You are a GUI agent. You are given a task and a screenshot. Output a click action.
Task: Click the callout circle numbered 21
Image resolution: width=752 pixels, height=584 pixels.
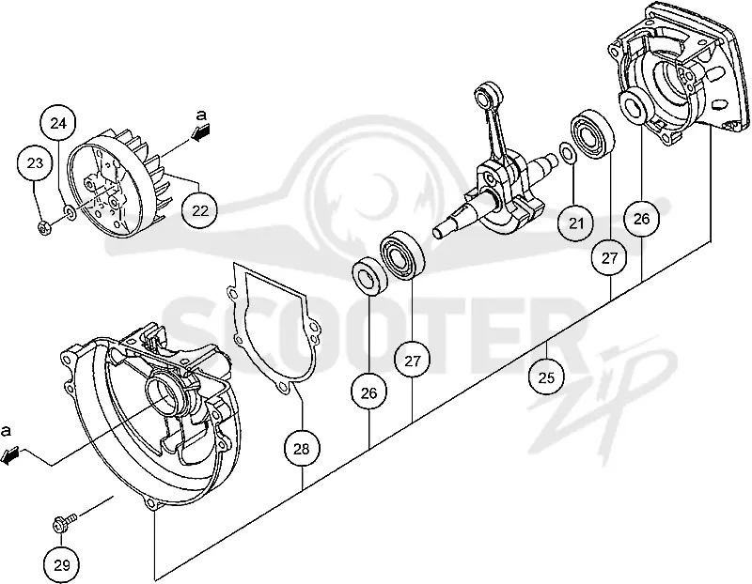point(576,223)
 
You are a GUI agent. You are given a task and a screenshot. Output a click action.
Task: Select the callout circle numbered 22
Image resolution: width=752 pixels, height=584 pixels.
point(200,210)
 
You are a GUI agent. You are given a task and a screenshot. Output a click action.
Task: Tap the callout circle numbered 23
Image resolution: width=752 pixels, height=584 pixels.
point(35,164)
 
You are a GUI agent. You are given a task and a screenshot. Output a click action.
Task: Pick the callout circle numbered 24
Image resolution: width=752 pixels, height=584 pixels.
point(58,124)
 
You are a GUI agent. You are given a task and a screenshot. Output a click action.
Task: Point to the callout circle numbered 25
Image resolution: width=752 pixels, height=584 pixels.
point(547,378)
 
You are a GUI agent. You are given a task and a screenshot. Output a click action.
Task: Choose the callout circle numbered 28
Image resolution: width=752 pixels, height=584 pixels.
point(302,450)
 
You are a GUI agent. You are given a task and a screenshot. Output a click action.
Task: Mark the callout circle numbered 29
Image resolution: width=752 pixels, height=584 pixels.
point(61,565)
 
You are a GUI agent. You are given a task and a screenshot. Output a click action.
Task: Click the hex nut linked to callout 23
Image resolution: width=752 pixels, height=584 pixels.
point(44,228)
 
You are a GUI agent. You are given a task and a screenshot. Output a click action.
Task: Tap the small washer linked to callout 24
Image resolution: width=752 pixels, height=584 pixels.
point(70,213)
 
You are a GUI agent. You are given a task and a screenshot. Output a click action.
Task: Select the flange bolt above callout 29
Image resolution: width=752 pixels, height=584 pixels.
point(64,522)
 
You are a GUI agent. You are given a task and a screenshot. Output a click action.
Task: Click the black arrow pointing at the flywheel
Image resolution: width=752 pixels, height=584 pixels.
point(201,131)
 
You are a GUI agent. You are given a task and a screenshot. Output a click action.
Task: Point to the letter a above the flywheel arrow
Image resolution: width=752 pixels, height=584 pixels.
point(202,115)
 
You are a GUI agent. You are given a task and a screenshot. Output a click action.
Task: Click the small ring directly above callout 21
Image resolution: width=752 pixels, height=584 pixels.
point(567,152)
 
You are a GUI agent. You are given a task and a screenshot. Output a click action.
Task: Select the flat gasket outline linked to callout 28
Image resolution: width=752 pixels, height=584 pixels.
point(273,329)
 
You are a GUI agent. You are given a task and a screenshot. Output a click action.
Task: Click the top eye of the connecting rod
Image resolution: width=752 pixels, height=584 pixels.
point(487,92)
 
